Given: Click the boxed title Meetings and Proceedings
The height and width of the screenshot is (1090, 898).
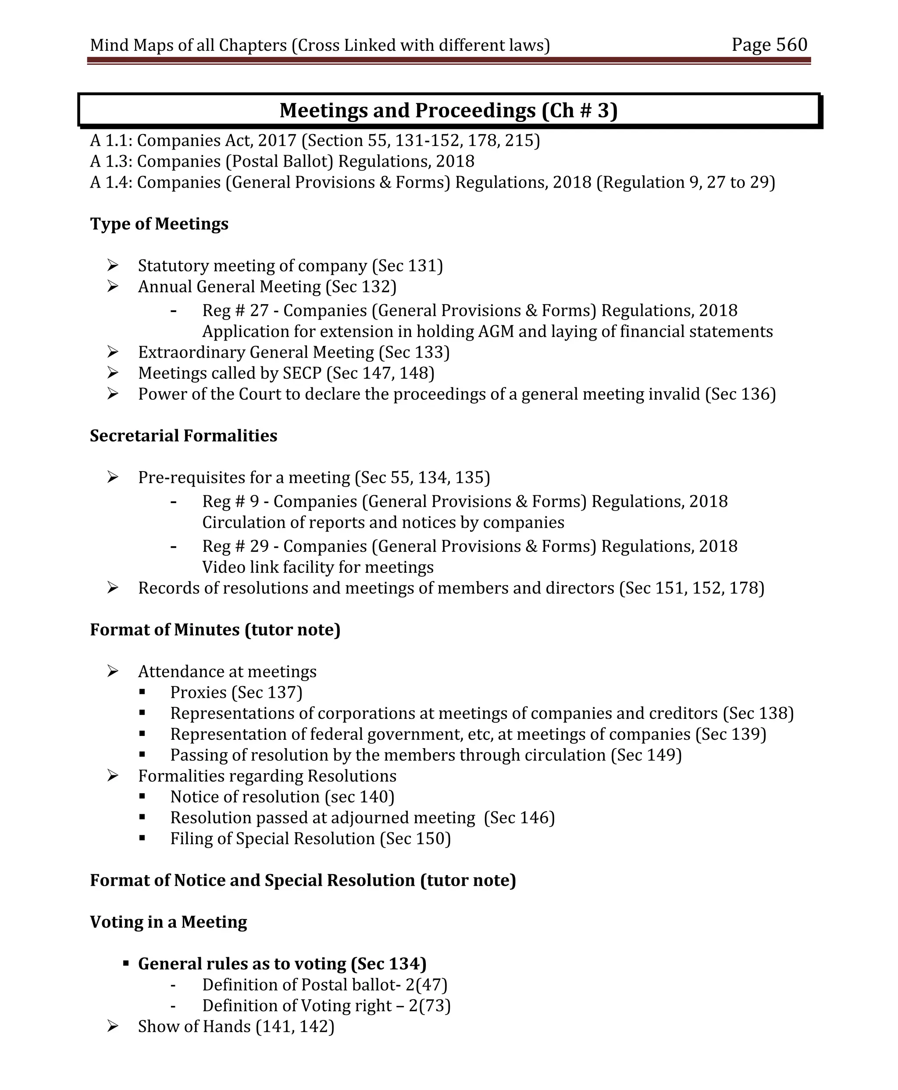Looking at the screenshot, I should coord(448,110).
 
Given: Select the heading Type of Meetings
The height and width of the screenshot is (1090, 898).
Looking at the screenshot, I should coord(159,224).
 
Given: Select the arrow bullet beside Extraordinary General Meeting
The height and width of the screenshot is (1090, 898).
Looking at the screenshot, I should coord(113,352).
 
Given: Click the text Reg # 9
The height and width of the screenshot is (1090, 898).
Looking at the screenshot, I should coord(230,501).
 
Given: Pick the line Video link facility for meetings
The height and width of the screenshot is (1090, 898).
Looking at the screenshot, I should coord(317,567).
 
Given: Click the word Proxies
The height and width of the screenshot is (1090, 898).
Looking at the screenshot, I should coord(198,692).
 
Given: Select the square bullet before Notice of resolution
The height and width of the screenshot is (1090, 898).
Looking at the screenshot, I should coord(142,796).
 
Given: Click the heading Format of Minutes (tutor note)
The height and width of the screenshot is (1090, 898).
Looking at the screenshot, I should coord(215,629).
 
